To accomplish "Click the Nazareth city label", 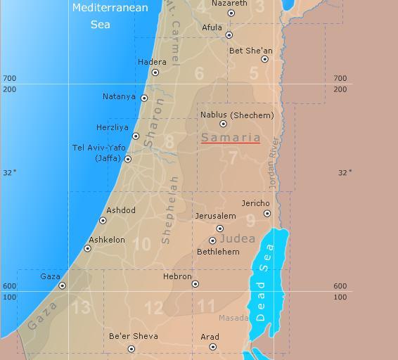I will (229, 4).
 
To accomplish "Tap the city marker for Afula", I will (229, 35).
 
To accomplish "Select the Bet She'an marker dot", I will (265, 59).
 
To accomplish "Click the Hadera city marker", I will (155, 72).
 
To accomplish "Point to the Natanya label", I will (119, 97).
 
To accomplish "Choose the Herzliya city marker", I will (136, 136).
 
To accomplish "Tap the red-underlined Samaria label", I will (231, 138).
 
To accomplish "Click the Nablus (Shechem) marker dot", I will (224, 124).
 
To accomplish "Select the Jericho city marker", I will (267, 214).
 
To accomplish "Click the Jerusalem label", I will (215, 216).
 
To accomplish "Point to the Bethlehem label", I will (218, 252).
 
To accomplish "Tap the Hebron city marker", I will (195, 285).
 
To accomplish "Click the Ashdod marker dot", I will (103, 221).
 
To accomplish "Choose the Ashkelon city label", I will (107, 240).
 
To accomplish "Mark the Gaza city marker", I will (62, 285).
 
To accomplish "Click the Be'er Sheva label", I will (134, 336).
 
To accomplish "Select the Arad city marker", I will (213, 347).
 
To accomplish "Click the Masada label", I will (233, 318).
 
